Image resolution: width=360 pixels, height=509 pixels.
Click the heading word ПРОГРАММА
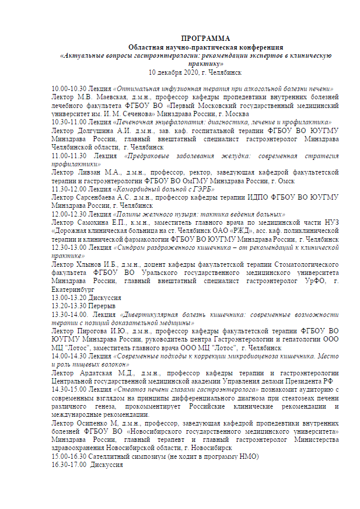coord(205,38)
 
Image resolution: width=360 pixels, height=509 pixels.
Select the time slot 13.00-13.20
coord(67,298)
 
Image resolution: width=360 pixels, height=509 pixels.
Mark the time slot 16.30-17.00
coord(67,464)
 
